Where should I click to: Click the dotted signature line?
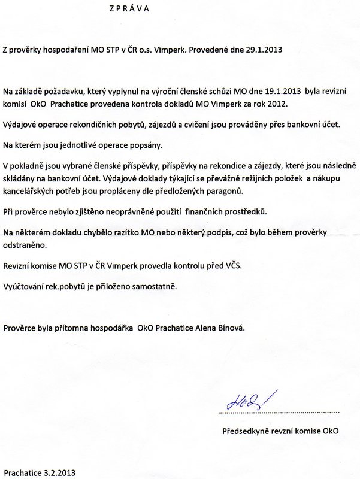[x=279, y=413]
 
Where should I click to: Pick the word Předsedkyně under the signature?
[x=247, y=430]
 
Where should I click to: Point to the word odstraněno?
[x=25, y=245]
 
